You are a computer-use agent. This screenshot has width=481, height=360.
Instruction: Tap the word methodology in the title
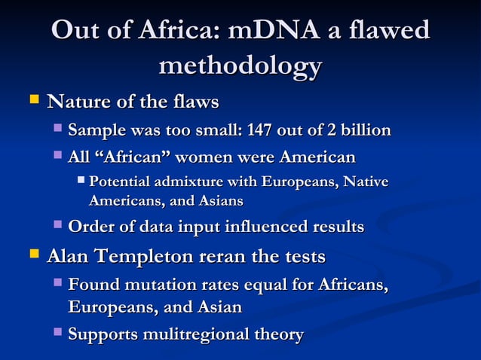(240, 66)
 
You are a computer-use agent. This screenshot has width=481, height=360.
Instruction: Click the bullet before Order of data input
(59, 225)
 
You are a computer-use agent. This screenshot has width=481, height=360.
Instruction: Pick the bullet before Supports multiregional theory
(59, 333)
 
